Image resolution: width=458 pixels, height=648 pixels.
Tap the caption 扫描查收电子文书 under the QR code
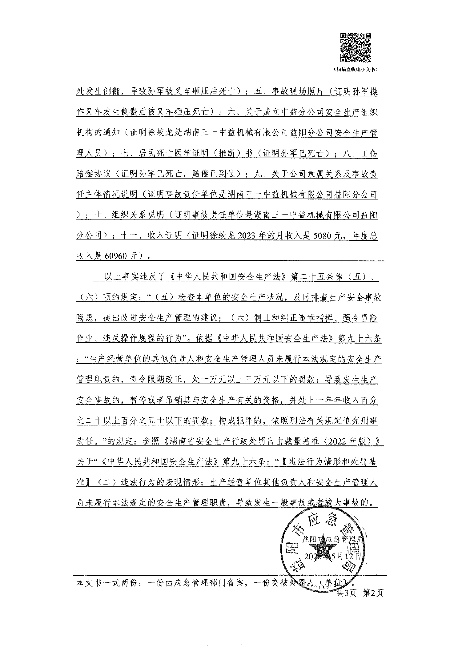pyautogui.click(x=355, y=70)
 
